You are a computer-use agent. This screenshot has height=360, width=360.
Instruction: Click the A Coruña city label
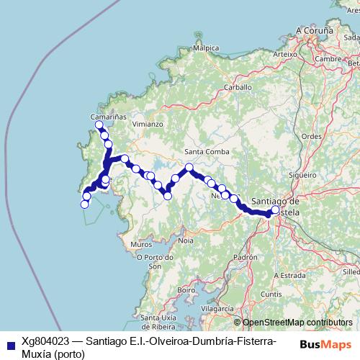point(315,31)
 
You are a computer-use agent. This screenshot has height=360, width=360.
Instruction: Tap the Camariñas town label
point(109,115)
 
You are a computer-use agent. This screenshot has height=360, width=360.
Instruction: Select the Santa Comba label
point(207,151)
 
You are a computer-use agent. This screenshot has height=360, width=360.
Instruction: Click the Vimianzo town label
point(148,124)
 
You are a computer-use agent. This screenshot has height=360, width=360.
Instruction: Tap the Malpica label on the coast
point(205,48)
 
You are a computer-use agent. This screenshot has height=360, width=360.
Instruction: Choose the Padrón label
point(246,257)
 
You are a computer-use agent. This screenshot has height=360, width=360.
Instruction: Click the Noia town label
point(186,240)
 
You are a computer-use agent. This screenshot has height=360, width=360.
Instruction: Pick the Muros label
point(141,245)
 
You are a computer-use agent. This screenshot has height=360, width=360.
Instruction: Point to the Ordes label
point(311,135)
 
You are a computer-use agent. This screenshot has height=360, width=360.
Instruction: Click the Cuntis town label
point(271,294)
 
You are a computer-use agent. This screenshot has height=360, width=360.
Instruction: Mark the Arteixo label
point(285,53)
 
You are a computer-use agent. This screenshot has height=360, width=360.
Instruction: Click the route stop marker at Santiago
point(275,211)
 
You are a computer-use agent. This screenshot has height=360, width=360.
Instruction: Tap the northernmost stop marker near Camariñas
point(99,125)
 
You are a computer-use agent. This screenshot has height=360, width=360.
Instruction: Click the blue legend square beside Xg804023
point(9,344)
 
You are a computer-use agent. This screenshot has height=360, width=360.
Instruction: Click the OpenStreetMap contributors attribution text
point(297,323)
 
